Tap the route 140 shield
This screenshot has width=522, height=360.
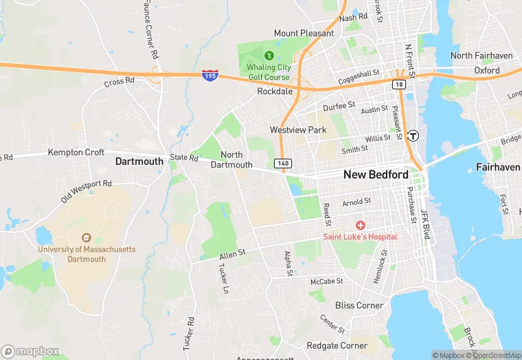(282, 163)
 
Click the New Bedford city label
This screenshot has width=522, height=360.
(375, 175)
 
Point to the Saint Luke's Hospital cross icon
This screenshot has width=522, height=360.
(361, 225)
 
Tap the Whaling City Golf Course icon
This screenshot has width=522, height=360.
(269, 55)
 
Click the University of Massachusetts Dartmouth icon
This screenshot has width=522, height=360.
(86, 237)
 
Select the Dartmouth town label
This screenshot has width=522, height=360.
(139, 161)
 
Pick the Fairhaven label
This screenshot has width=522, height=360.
(498, 167)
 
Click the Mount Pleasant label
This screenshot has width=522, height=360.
(304, 33)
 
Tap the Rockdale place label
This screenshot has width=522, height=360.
(275, 91)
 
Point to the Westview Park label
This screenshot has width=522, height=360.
(298, 129)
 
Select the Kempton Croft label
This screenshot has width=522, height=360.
(76, 152)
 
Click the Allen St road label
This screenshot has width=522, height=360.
(232, 256)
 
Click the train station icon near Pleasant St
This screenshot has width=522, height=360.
(413, 135)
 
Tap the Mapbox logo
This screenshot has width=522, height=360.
(30, 351)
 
